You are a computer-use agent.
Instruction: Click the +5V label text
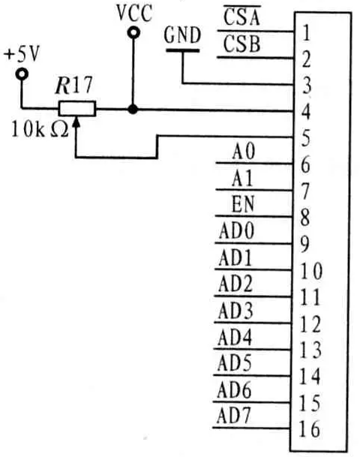coord(21,55)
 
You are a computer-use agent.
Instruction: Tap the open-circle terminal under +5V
coord(22,74)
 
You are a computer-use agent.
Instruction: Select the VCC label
coord(134,13)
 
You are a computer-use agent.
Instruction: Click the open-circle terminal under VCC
coord(133,33)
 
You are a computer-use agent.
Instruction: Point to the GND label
coord(182,35)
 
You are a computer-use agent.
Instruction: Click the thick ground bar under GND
coord(182,51)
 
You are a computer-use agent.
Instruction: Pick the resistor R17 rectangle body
coord(77,109)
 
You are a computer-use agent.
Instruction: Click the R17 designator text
coord(74,85)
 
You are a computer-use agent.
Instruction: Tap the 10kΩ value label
coord(40,129)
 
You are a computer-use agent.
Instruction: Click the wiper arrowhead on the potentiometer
coord(76,122)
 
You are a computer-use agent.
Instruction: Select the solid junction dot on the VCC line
coord(133,110)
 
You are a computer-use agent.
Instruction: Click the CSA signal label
coord(241,17)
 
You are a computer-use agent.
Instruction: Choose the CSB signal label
coord(241,44)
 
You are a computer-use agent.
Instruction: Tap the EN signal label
coord(243,203)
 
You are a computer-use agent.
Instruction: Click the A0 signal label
coord(244,152)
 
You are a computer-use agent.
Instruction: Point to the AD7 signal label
coord(233,415)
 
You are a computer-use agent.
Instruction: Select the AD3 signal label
coord(235,311)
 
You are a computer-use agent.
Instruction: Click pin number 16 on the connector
coord(309,429)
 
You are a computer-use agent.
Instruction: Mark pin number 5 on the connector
coord(305,138)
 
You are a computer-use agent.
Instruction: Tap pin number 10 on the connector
coord(311,271)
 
